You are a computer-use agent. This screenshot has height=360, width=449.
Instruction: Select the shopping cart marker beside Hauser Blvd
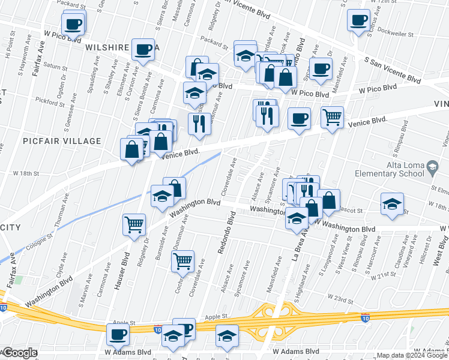pyautogui.click(x=134, y=224)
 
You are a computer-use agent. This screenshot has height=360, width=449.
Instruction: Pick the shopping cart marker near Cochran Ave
pyautogui.click(x=182, y=260)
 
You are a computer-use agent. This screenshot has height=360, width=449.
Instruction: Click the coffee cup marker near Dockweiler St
pyautogui.click(x=358, y=19)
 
